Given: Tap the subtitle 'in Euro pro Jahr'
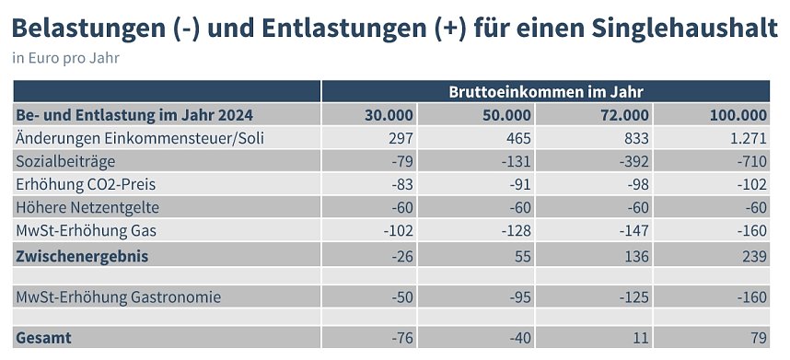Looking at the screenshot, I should click(66, 58).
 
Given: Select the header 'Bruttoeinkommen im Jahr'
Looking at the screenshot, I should click(545, 91).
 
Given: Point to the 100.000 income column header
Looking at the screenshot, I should click(738, 115).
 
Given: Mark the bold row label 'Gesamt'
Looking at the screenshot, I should click(43, 338).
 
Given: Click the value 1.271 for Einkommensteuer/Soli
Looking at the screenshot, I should click(748, 138).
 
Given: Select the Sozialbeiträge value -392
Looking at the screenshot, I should click(633, 160).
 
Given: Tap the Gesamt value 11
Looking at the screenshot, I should click(641, 338).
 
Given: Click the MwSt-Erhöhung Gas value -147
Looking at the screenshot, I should click(633, 229).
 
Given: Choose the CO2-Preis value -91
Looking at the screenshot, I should click(517, 183).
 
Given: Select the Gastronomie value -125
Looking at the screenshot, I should click(633, 297).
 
